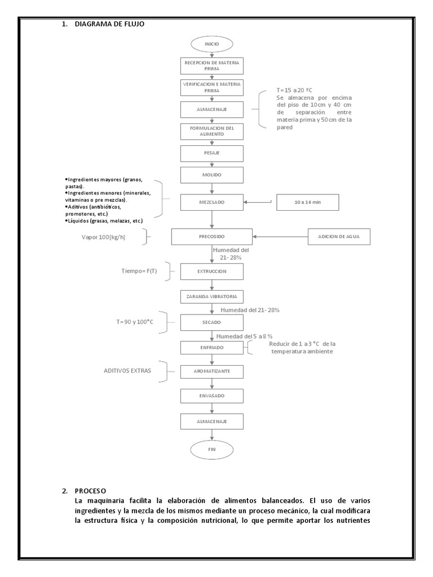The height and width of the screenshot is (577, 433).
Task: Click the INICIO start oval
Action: point(212,43)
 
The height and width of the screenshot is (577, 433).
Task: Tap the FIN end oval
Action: point(212,449)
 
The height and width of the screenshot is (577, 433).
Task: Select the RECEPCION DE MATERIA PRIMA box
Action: point(212,65)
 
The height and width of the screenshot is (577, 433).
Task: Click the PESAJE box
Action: point(212,153)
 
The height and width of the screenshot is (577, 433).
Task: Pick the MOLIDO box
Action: point(212,175)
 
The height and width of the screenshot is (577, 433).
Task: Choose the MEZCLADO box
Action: point(212,202)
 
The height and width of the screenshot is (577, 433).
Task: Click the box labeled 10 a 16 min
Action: point(308,202)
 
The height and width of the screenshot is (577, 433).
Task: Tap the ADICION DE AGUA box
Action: point(339,237)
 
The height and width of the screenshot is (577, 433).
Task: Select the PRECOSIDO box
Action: point(212,237)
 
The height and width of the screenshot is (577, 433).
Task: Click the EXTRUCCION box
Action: point(212,272)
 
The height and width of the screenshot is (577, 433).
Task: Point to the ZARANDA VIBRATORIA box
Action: point(212,296)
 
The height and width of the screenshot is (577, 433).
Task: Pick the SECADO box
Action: point(212,322)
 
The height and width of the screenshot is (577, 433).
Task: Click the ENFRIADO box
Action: point(212,348)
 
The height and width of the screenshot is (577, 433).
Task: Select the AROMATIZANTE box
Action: point(212,372)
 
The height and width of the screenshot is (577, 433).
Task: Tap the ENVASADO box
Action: point(212,396)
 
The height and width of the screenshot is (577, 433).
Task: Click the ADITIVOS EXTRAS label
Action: point(127,371)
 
